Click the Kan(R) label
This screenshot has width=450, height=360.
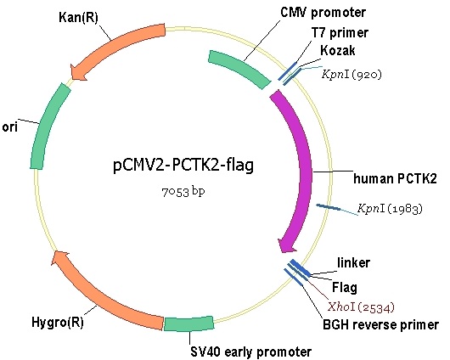click(x=78, y=17)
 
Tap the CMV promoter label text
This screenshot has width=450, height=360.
click(x=323, y=13)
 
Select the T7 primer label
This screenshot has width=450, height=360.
click(x=340, y=33)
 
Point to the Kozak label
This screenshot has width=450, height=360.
click(x=338, y=51)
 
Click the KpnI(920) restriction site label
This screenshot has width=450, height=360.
click(x=352, y=75)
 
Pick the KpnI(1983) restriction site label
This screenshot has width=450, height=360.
click(x=391, y=208)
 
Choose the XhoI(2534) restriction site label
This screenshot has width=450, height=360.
click(x=362, y=307)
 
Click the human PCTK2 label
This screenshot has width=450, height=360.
click(x=395, y=178)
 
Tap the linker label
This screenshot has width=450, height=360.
click(x=353, y=262)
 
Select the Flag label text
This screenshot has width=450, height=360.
click(x=345, y=287)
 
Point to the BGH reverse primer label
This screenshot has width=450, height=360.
click(x=381, y=324)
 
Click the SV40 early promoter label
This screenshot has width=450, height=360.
click(x=251, y=352)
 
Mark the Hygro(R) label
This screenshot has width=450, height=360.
click(x=58, y=322)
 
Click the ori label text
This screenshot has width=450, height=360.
click(x=10, y=127)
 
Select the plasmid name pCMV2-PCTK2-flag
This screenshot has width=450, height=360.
click(x=183, y=166)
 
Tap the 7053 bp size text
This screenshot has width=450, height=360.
click(x=183, y=192)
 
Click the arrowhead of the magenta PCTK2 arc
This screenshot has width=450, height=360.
click(x=287, y=245)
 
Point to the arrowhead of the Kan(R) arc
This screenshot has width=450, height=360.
click(x=78, y=72)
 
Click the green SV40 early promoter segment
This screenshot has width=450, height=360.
click(x=188, y=323)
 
